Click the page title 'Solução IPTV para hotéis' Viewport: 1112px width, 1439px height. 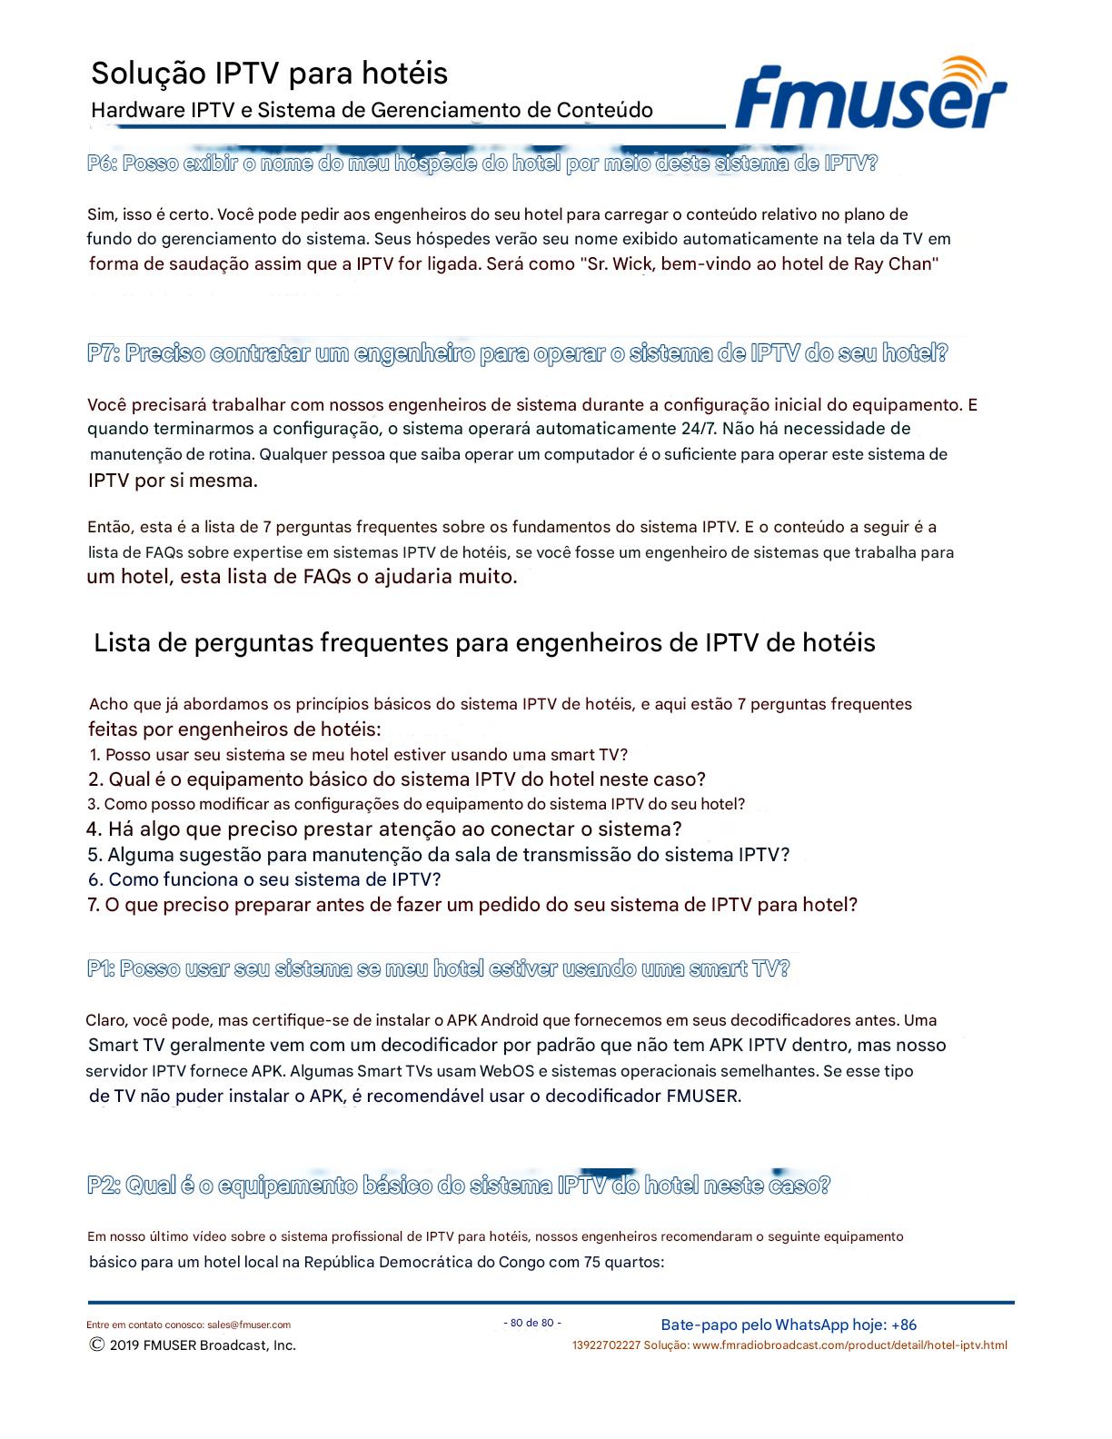click(x=269, y=73)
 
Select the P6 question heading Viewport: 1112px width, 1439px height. click(x=482, y=164)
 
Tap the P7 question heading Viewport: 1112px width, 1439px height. click(x=518, y=353)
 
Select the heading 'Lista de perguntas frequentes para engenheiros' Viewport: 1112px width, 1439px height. click(x=484, y=643)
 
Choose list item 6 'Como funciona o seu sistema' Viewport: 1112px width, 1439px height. click(x=264, y=879)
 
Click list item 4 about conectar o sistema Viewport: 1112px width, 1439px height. click(x=384, y=829)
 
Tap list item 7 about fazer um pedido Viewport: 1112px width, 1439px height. click(x=472, y=905)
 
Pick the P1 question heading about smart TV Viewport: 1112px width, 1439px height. click(x=438, y=968)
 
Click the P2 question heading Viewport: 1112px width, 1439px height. click(x=459, y=1186)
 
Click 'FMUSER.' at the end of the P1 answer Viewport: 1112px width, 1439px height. click(x=703, y=1096)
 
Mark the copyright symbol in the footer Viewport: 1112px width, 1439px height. click(x=96, y=1345)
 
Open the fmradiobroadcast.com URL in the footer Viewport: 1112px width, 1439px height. click(x=849, y=1345)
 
